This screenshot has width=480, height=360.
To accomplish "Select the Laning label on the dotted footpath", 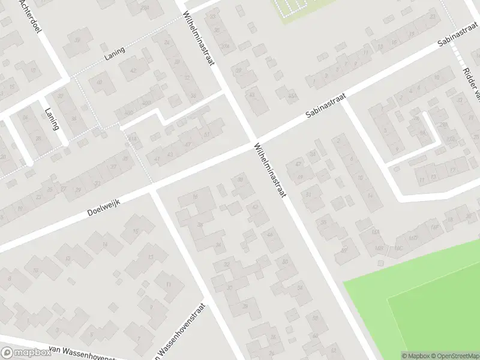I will (x=114, y=52).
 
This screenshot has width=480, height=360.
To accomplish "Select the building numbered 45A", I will (x=292, y=95).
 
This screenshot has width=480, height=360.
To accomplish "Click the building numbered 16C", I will (x=397, y=246).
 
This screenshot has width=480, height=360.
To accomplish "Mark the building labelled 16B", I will (x=379, y=247).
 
